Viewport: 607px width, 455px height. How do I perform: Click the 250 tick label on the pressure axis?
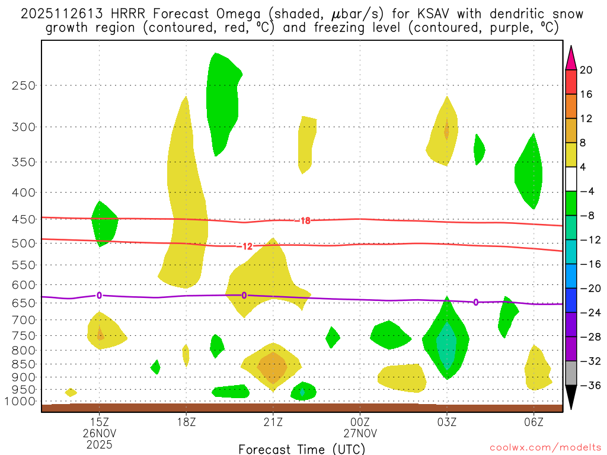[x=23, y=85]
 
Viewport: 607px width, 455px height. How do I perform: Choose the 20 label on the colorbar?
[x=586, y=70]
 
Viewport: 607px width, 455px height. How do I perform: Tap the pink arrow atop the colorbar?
[x=571, y=57]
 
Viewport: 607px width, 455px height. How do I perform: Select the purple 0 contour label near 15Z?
[x=99, y=295]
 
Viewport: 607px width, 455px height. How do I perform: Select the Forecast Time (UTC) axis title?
[x=301, y=448]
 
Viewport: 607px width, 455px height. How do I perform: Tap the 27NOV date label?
[x=360, y=433]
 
